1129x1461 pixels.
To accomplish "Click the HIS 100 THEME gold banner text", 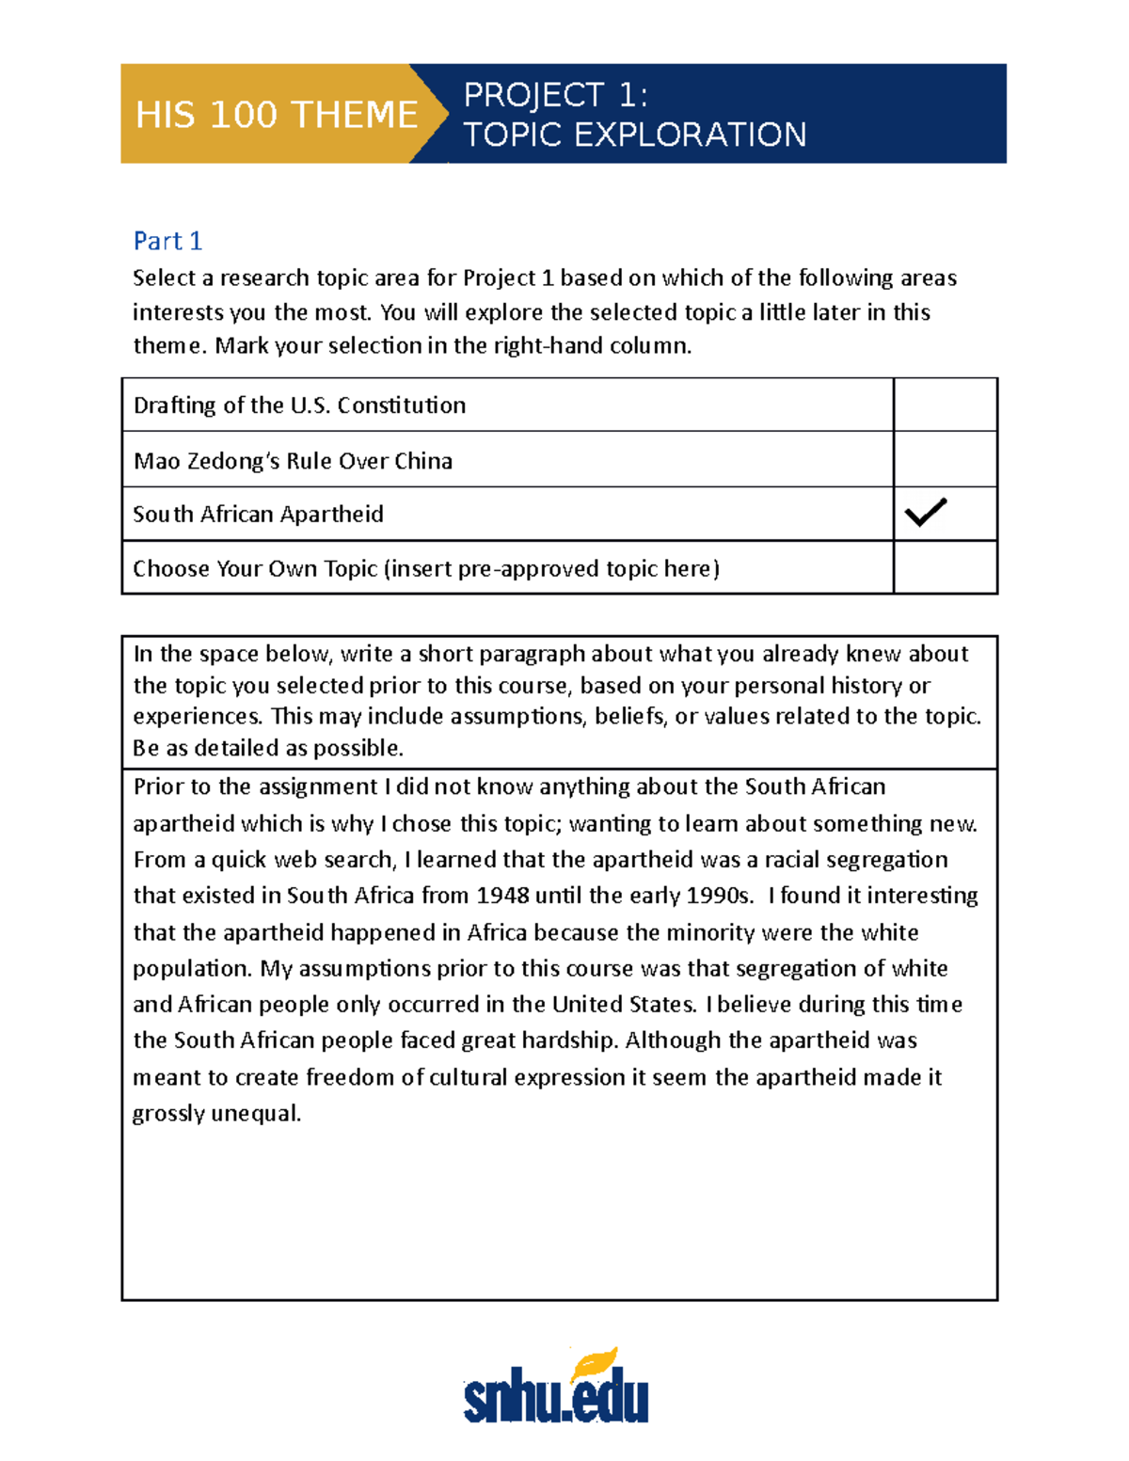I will (x=276, y=115).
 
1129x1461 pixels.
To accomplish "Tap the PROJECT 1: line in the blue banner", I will (x=555, y=95).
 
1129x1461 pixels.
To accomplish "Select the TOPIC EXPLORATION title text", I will (x=635, y=135).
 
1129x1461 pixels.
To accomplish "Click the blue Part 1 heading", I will (x=167, y=241).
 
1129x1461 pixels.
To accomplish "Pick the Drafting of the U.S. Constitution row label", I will (x=299, y=405).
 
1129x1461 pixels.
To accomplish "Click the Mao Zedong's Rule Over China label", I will (x=293, y=461).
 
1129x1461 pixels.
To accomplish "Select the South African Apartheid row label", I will (x=258, y=515).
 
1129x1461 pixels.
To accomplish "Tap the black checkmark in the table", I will (x=926, y=512).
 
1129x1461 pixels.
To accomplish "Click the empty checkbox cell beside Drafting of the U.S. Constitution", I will (x=945, y=405).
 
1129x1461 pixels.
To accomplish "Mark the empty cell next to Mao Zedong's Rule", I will (x=945, y=460).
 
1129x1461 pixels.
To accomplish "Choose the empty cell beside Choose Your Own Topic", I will (x=945, y=567).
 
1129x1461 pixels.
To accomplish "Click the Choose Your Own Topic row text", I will (x=425, y=569).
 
